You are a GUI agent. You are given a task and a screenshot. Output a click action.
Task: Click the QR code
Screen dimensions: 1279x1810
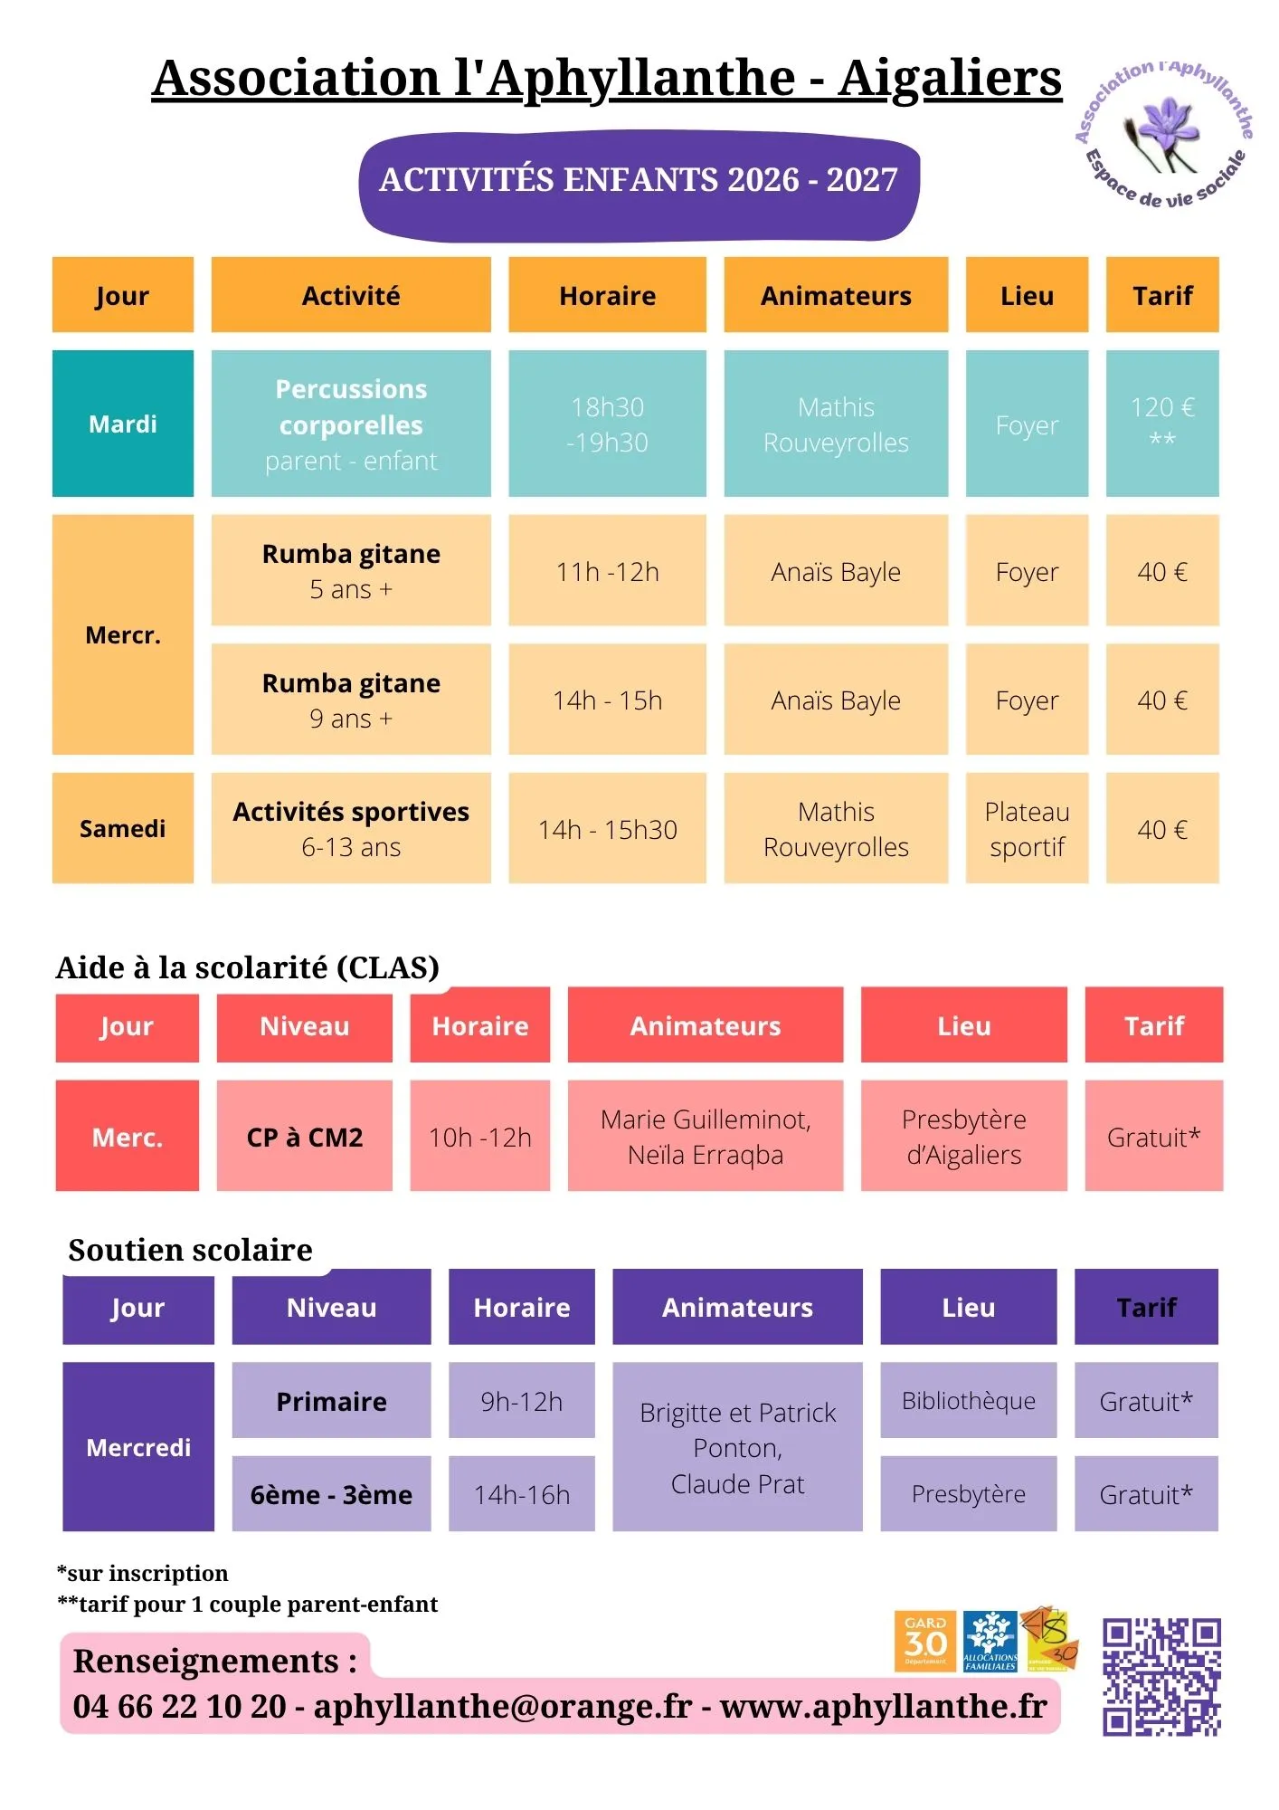[1161, 1676]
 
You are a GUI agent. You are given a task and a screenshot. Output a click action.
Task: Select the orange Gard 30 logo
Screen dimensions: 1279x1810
[925, 1642]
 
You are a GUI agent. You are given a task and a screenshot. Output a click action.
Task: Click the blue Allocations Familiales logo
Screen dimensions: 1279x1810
[990, 1642]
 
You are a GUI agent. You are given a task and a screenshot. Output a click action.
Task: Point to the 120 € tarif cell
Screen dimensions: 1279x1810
[1162, 424]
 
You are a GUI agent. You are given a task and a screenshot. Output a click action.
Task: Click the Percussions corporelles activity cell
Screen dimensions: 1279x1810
[351, 424]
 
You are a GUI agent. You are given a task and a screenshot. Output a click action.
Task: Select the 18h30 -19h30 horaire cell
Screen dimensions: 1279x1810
[607, 424]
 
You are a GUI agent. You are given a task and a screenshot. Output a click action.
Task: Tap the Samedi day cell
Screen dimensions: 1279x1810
[123, 828]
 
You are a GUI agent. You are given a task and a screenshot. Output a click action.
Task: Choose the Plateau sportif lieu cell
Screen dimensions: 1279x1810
[1027, 828]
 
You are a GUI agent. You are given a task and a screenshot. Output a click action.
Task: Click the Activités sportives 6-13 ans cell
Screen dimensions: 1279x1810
[351, 828]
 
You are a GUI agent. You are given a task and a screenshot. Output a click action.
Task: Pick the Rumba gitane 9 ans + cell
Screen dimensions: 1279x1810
[351, 700]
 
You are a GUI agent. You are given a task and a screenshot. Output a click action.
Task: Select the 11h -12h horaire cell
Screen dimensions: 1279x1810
[607, 570]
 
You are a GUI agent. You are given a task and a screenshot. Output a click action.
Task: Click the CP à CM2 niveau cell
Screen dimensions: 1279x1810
[305, 1136]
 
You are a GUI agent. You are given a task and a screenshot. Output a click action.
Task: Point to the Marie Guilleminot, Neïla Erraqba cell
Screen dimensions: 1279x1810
[706, 1136]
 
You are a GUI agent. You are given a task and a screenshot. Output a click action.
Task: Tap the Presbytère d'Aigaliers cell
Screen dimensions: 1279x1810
[964, 1136]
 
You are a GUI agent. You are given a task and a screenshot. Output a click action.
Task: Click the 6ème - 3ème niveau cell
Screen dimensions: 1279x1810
[332, 1494]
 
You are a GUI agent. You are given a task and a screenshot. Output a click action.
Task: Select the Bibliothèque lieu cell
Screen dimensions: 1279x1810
[969, 1400]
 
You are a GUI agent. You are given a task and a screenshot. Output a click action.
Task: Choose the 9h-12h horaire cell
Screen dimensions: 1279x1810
[522, 1400]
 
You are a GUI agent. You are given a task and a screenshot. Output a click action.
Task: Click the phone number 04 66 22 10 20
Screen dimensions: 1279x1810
[180, 1706]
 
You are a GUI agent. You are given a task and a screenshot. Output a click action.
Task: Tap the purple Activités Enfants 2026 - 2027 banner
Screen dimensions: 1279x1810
[639, 185]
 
